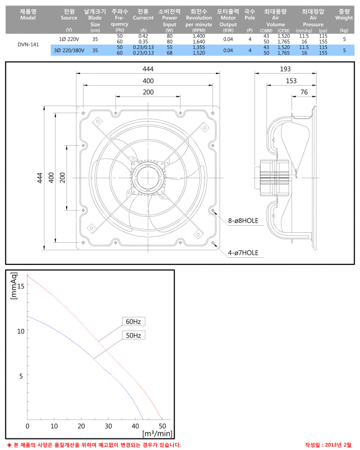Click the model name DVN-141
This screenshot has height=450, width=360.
tap(28, 45)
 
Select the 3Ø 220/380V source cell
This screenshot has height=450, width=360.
tap(69, 51)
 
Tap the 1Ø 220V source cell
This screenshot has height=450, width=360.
tap(69, 39)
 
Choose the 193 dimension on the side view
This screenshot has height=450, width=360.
tap(285, 69)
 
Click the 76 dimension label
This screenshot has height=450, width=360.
tap(304, 92)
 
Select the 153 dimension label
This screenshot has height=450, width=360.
tap(291, 81)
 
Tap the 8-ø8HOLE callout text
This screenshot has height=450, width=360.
tap(243, 221)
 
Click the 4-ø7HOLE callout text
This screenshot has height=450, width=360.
tap(243, 253)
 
